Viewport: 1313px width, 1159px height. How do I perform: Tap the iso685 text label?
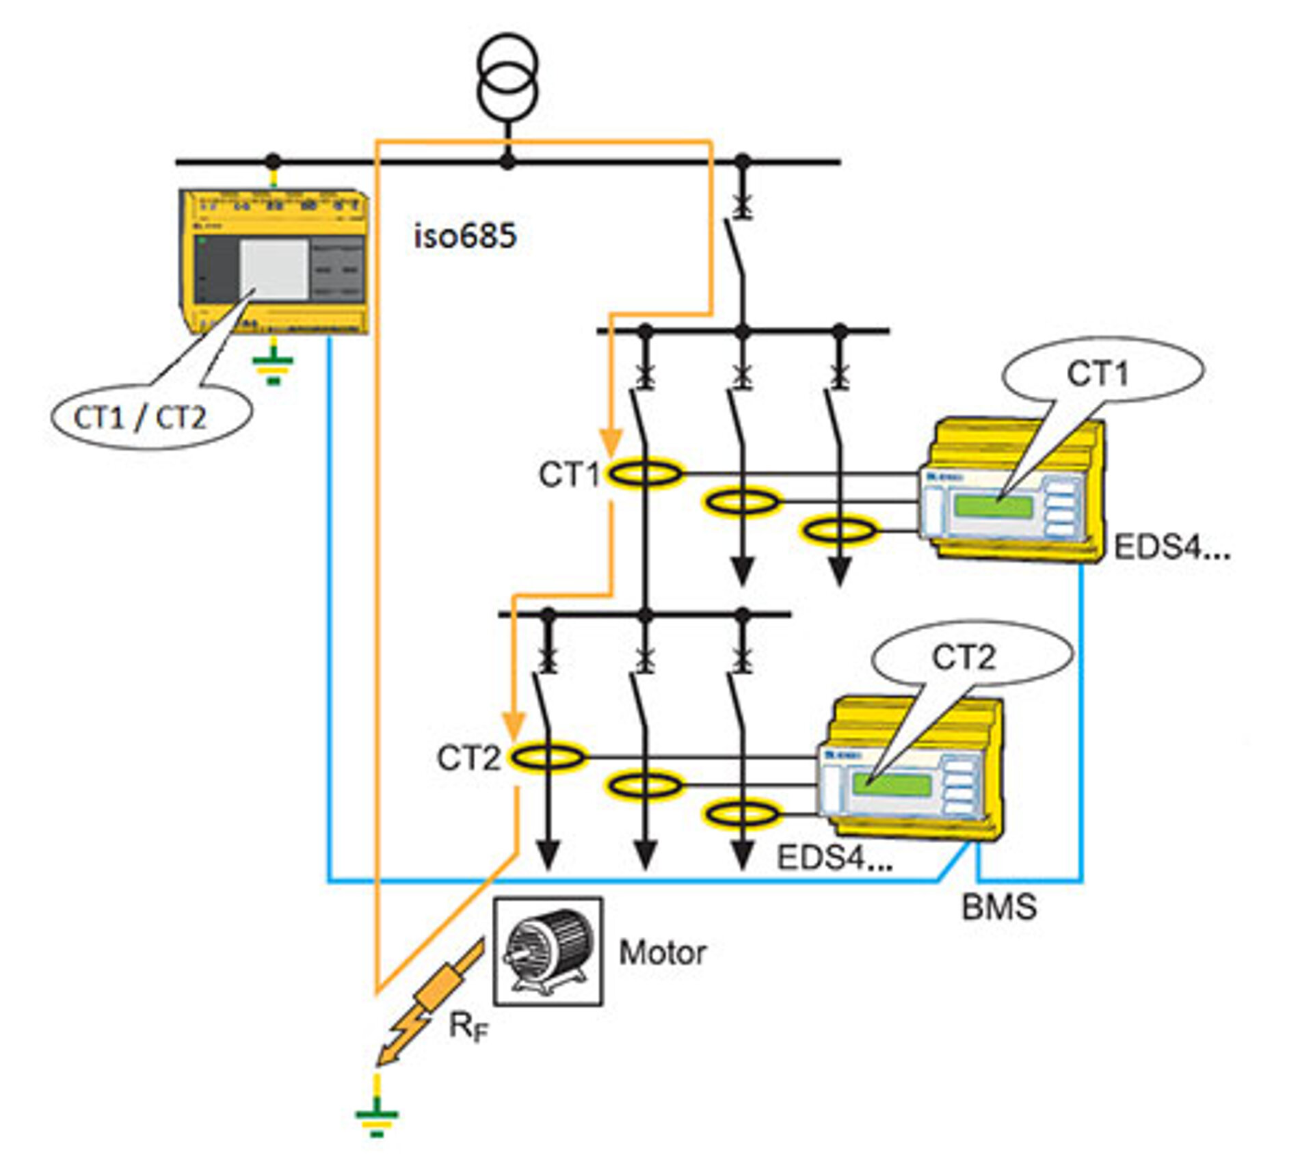(x=465, y=236)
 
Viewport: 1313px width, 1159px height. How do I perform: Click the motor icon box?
(x=548, y=951)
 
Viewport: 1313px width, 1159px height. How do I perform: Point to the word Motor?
(x=662, y=952)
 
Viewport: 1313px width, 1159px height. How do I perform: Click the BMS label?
(x=999, y=907)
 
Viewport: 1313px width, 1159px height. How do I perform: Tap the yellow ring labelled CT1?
(x=645, y=473)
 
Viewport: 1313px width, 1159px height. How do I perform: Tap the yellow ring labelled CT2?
(x=548, y=757)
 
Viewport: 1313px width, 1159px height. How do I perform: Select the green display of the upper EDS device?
(x=993, y=507)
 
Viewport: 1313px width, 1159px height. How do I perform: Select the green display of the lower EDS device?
(x=892, y=784)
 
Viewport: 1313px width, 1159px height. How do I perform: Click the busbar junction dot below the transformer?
(x=507, y=162)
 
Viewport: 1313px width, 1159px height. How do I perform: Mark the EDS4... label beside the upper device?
(x=1171, y=547)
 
